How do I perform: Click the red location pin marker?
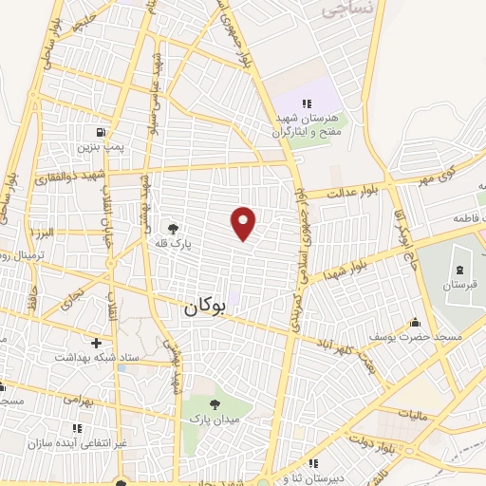pyautogui.click(x=245, y=222)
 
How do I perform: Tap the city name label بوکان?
pyautogui.click(x=203, y=307)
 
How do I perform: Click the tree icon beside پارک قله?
pyautogui.click(x=173, y=228)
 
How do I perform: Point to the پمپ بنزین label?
pyautogui.click(x=102, y=150)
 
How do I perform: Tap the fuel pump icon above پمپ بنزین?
pyautogui.click(x=102, y=133)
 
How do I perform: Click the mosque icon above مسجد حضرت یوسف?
pyautogui.click(x=414, y=322)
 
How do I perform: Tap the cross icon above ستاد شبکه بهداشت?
pyautogui.click(x=96, y=342)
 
